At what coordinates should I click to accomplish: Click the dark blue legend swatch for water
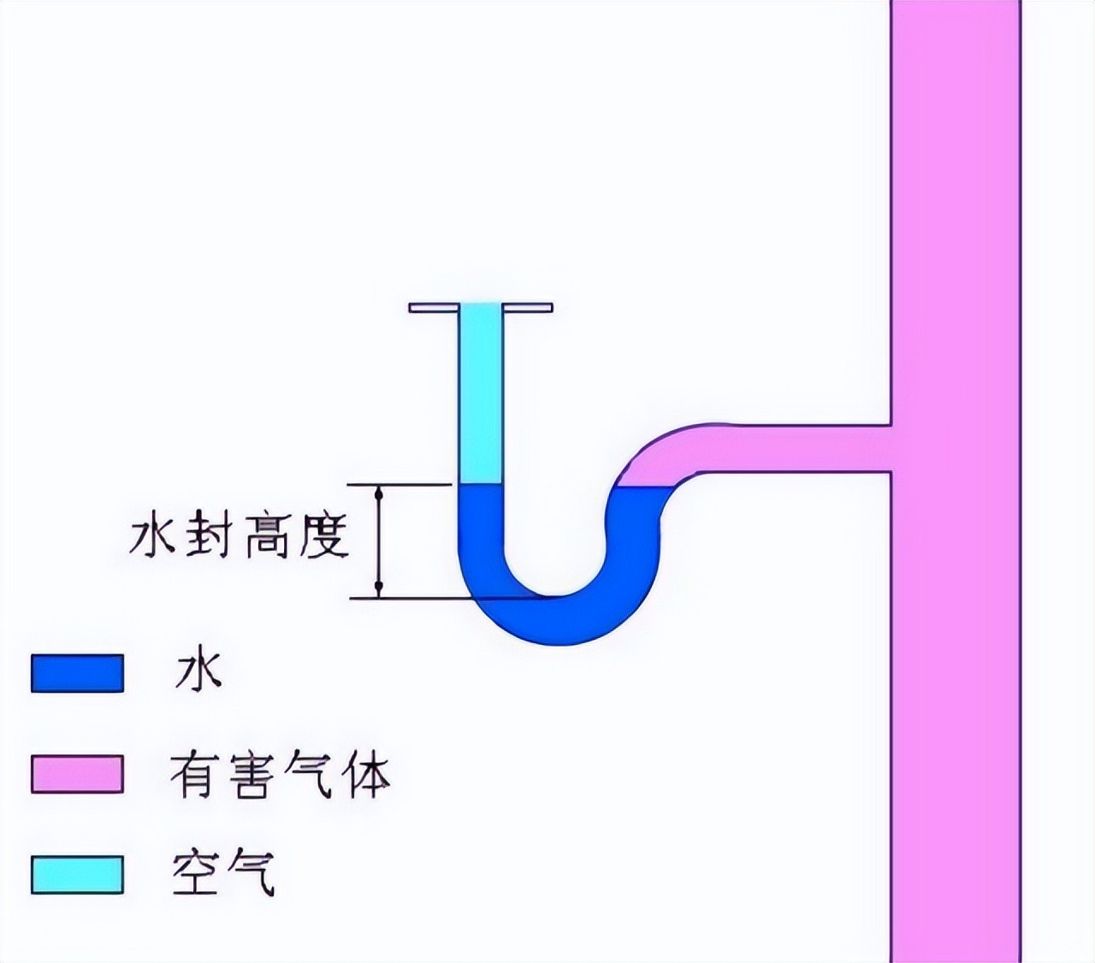(77, 672)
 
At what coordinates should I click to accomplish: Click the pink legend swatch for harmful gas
(77, 773)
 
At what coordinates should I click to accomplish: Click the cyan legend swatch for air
(77, 873)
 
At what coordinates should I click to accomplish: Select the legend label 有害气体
(279, 775)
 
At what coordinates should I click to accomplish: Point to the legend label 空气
(223, 873)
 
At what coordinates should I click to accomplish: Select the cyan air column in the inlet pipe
(480, 393)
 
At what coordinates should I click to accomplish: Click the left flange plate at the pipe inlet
(434, 307)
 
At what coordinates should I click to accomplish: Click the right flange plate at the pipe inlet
(528, 307)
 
